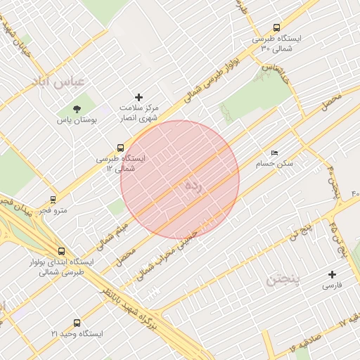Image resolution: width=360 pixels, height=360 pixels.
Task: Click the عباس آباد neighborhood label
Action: coord(58,82)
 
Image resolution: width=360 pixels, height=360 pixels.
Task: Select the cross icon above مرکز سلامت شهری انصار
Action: coord(139,97)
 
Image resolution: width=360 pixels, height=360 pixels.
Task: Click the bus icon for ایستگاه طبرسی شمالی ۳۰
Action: coord(276,27)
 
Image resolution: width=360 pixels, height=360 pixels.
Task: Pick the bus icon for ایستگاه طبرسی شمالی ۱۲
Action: coord(120,148)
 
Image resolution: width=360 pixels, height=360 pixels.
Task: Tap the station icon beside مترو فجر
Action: coord(53,200)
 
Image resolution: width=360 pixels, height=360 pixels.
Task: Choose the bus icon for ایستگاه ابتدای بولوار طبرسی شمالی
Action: coord(62,250)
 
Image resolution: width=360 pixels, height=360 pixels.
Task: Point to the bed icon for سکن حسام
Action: coord(274,153)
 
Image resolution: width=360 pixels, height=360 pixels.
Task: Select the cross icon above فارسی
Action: coord(333,274)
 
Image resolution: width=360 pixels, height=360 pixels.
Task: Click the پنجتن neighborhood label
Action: coord(283,281)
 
